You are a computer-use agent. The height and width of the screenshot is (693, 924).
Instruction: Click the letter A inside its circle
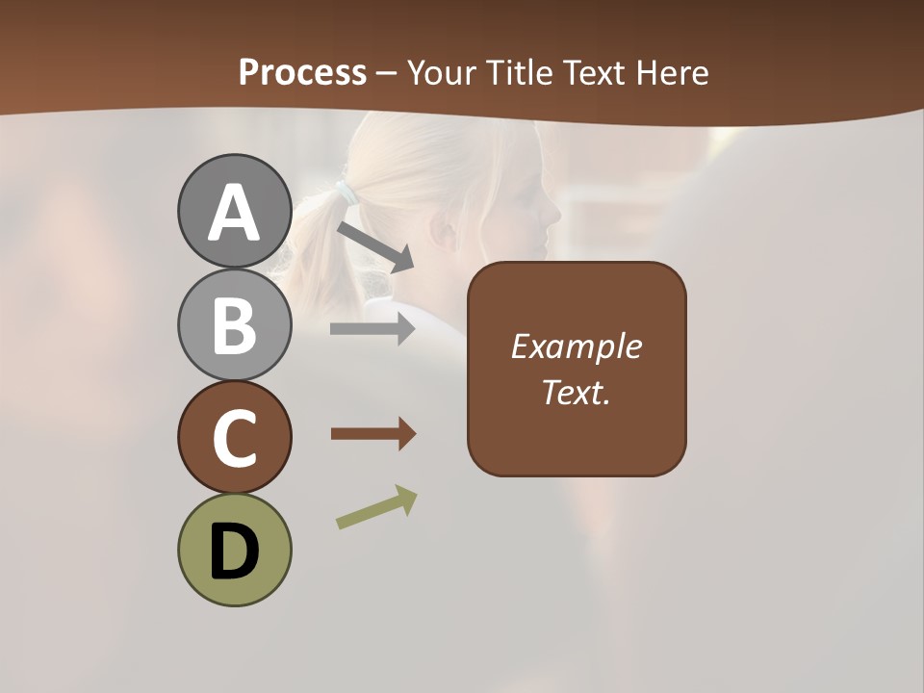tap(234, 214)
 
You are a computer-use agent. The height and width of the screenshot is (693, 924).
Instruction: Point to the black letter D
tap(234, 552)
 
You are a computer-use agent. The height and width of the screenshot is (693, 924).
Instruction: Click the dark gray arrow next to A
tap(375, 246)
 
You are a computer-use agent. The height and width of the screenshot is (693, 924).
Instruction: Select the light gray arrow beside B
tap(372, 329)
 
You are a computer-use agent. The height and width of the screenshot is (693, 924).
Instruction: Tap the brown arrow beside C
tap(372, 434)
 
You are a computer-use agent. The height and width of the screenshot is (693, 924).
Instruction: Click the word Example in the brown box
tap(577, 346)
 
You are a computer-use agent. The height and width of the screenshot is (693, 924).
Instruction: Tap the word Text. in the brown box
tap(577, 393)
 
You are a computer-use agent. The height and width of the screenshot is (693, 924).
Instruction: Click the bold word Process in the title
tap(302, 72)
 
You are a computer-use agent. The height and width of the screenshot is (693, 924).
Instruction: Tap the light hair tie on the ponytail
tap(344, 192)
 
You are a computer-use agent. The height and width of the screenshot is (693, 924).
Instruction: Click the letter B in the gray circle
tap(234, 326)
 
